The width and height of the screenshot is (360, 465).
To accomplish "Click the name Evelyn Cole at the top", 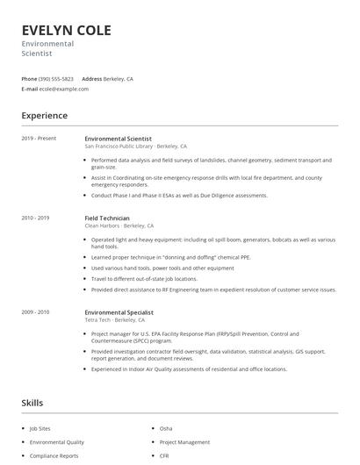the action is click(67, 30).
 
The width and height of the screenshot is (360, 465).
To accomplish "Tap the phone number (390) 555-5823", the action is click(56, 79).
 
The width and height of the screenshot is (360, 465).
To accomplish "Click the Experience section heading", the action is click(44, 115).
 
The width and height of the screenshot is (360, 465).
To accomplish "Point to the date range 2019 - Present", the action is click(40, 139).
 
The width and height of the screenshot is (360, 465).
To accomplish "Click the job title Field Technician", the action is click(107, 218).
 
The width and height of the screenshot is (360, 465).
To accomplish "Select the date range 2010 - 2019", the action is click(36, 218).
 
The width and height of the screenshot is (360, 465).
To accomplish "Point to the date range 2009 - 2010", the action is click(36, 311).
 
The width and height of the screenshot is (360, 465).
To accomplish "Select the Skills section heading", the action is click(32, 403).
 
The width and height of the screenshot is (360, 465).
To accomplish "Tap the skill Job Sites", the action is click(40, 428).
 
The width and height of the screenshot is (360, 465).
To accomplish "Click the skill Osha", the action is click(166, 428).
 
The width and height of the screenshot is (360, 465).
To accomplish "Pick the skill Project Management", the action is click(184, 442).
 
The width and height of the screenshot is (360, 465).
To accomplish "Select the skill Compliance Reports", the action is click(54, 456).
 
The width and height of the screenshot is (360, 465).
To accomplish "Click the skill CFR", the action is click(165, 456).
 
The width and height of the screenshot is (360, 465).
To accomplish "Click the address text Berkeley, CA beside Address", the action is click(119, 79).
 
